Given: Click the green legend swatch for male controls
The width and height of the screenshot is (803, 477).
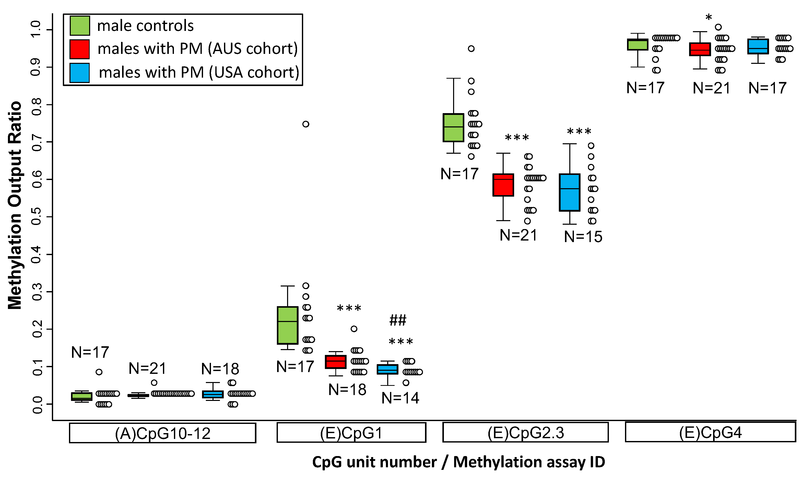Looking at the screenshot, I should (x=79, y=25).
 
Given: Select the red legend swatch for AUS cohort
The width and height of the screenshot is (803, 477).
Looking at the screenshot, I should (x=79, y=49).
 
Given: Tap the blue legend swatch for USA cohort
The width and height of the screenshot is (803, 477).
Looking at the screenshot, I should (x=79, y=73).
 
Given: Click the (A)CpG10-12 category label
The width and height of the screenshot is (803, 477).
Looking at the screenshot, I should (x=162, y=433).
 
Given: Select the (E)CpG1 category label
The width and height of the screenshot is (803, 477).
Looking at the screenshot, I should (x=351, y=433).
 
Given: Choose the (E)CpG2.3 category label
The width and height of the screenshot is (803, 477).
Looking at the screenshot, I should (x=525, y=432).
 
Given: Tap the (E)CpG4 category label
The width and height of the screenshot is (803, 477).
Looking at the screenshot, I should (x=710, y=432).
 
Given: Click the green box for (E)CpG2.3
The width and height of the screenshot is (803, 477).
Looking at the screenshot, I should (x=453, y=128).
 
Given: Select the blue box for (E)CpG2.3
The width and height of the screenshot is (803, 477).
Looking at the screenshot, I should (x=569, y=192).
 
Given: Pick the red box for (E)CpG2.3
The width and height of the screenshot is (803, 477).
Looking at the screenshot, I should (x=503, y=185).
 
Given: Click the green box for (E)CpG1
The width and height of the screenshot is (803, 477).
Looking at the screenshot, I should (x=287, y=325).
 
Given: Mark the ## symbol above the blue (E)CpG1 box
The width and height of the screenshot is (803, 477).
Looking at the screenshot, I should (x=398, y=320).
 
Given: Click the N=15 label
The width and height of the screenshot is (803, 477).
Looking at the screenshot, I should (x=583, y=236).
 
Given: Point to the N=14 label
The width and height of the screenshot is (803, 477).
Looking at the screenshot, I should (x=400, y=398).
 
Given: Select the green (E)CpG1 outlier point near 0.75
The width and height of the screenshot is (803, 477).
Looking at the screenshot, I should (x=306, y=124).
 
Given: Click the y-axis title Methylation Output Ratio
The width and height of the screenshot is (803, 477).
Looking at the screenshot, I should (x=15, y=206).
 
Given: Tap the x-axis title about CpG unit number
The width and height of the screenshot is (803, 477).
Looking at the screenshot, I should (x=458, y=462).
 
